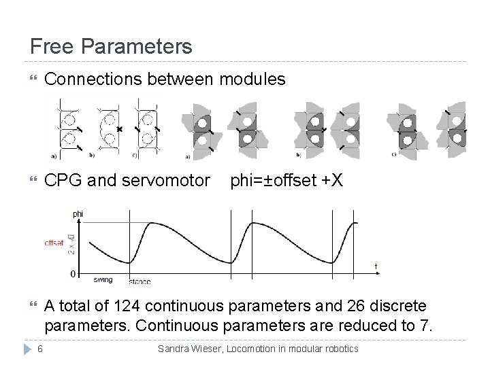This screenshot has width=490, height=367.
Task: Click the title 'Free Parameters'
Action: point(111,47)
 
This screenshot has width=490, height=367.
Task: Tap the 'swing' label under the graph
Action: point(103,279)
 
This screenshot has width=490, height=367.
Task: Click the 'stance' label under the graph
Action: point(139,281)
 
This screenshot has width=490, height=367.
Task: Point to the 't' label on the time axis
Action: point(376,265)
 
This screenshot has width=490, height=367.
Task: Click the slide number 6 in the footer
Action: point(41,349)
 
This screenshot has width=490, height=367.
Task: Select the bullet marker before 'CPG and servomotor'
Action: point(27,182)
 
